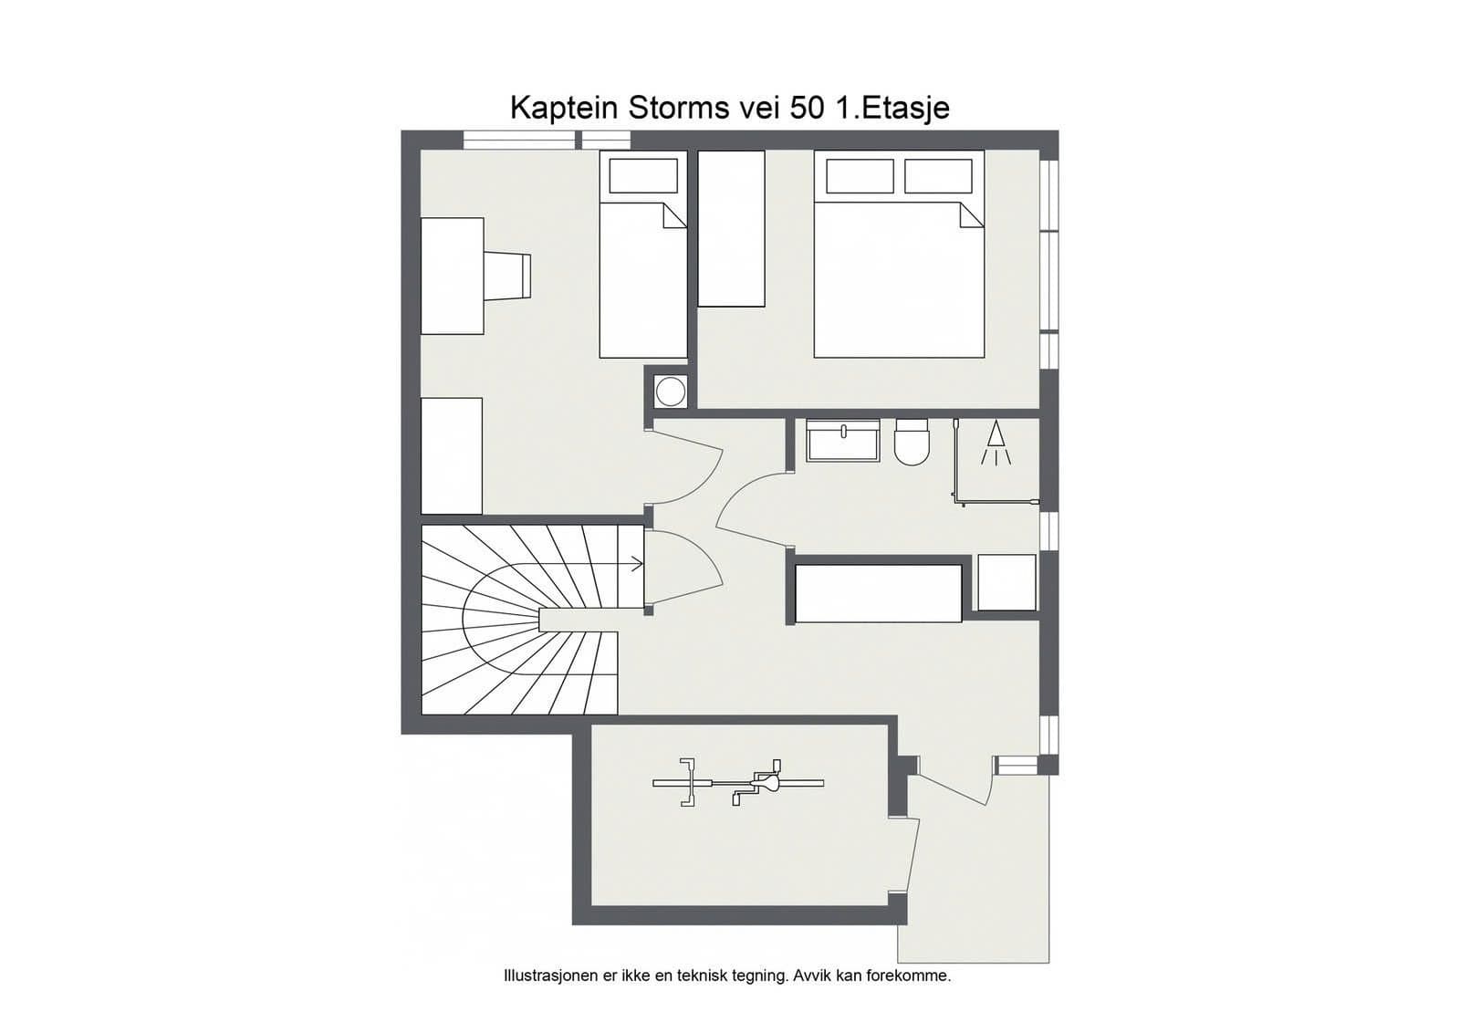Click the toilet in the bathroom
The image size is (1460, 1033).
click(x=912, y=442)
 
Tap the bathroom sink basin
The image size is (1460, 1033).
click(x=843, y=441)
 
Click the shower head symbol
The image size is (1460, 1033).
click(x=996, y=443)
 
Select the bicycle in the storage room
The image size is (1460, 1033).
click(x=738, y=783)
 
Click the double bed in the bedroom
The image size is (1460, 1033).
click(x=899, y=255)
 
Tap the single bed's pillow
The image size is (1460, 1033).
click(x=642, y=175)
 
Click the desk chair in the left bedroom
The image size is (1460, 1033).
click(x=507, y=276)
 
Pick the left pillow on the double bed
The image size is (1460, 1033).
click(x=860, y=176)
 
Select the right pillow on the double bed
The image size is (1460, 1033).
click(x=939, y=176)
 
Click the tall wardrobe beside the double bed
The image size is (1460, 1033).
click(x=731, y=228)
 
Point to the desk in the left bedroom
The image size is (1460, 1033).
click(x=453, y=276)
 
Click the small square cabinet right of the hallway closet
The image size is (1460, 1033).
click(x=1007, y=582)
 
